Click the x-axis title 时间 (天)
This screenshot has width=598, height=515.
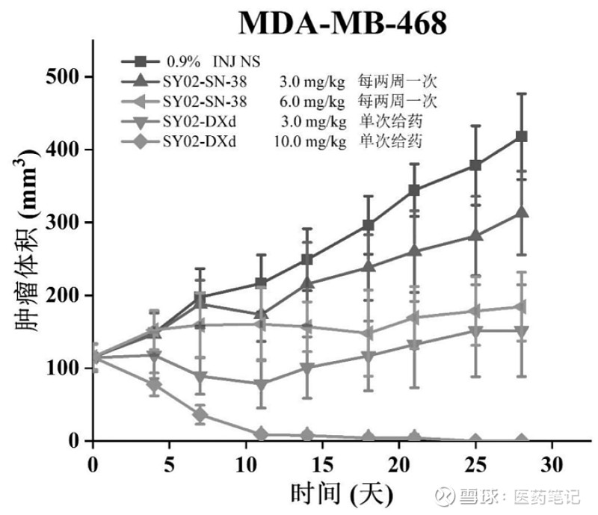point(341,493)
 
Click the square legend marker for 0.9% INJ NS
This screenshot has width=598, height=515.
point(141,59)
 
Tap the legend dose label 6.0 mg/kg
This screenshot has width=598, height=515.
point(312,100)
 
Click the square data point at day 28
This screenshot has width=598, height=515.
point(522,137)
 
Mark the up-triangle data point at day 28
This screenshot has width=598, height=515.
point(522,213)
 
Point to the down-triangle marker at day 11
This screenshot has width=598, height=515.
point(261,385)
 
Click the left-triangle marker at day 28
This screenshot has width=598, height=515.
point(522,306)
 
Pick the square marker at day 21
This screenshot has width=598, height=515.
point(414,191)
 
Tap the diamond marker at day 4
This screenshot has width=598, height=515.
point(154,386)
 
